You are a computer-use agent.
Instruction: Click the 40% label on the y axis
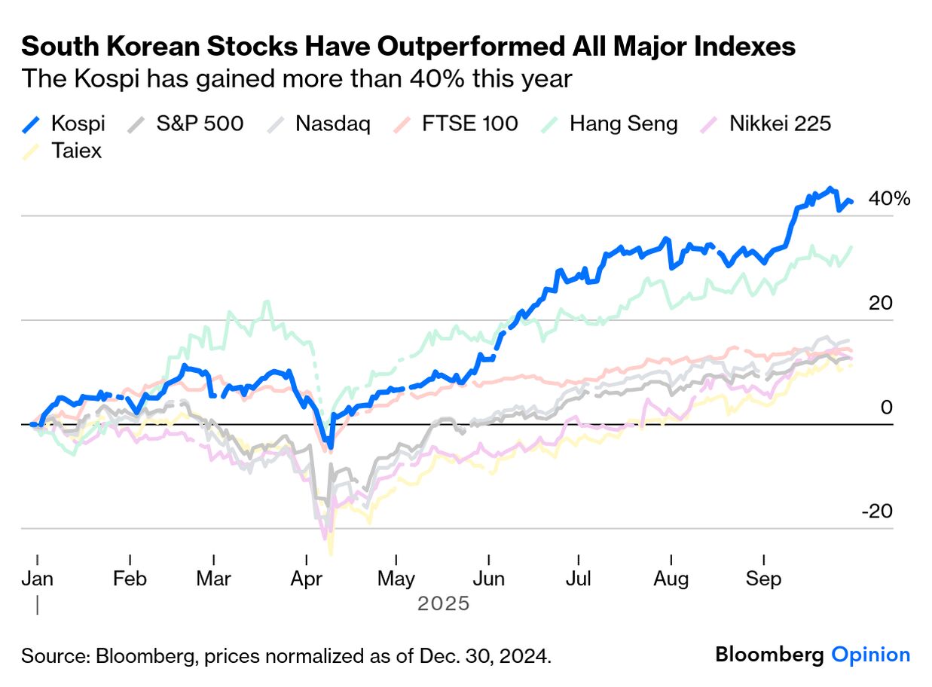(x=889, y=199)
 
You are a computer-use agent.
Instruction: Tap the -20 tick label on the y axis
(x=876, y=511)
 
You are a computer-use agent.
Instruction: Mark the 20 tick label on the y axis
(x=880, y=303)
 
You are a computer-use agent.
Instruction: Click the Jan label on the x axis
(x=37, y=579)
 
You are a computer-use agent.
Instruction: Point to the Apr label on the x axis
(x=307, y=579)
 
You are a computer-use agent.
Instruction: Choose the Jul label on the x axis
(x=579, y=579)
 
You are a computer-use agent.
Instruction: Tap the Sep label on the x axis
(x=764, y=579)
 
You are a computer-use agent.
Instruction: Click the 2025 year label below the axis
(x=443, y=603)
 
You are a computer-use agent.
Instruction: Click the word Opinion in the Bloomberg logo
(x=870, y=655)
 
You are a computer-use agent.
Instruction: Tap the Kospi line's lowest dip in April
(x=329, y=446)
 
